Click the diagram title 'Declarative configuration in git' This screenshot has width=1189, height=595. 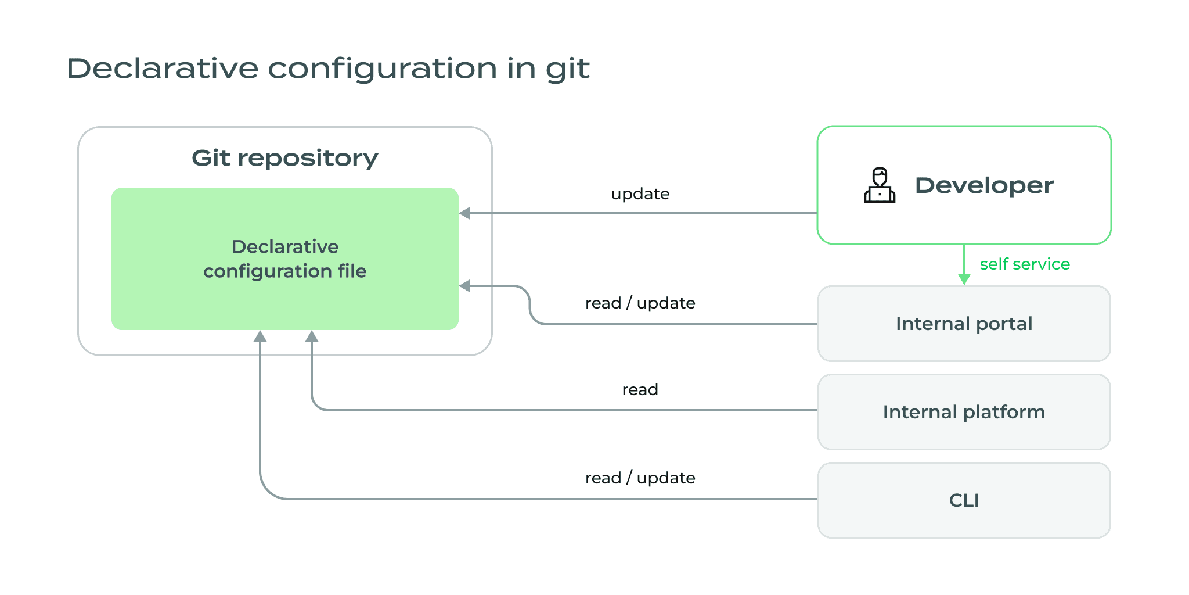[x=328, y=69]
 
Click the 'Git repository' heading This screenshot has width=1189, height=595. [x=284, y=158]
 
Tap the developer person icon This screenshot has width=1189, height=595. [x=880, y=185]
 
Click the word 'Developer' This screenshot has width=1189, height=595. [x=984, y=185]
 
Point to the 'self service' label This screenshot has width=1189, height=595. [x=1025, y=264]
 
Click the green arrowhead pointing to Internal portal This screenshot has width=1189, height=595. [x=964, y=279]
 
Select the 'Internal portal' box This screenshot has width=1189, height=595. [x=964, y=324]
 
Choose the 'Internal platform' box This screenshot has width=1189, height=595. [x=964, y=412]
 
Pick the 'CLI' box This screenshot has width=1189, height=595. [x=964, y=500]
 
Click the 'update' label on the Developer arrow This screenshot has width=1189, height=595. [x=640, y=194]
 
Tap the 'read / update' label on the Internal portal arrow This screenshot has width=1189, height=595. [x=640, y=303]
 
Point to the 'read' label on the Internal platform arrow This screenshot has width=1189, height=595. [x=640, y=390]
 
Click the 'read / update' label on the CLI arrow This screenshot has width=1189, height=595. [x=640, y=478]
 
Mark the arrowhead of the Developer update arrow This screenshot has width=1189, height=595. [x=465, y=213]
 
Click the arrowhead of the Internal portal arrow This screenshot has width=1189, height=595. [x=465, y=286]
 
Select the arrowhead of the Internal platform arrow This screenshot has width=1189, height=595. [x=312, y=336]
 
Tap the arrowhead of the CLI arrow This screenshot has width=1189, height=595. [x=260, y=336]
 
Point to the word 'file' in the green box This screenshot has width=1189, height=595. [x=352, y=271]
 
